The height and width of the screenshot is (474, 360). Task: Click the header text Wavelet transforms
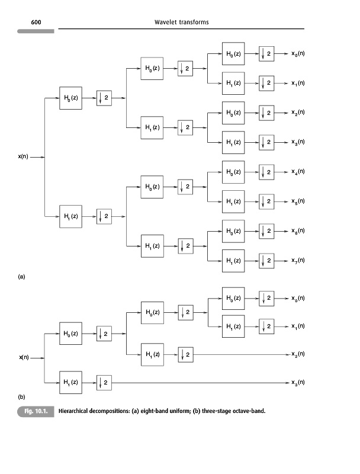click(181, 23)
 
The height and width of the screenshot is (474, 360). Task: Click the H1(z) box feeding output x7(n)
click(233, 261)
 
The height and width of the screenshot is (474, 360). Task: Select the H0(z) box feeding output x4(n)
click(233, 172)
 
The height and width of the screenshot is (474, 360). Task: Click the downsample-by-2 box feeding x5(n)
click(266, 201)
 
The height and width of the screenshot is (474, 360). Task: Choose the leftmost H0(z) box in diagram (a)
click(70, 98)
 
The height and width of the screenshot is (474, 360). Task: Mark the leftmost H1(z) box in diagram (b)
click(70, 383)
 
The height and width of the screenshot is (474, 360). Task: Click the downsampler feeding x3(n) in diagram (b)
click(104, 383)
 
